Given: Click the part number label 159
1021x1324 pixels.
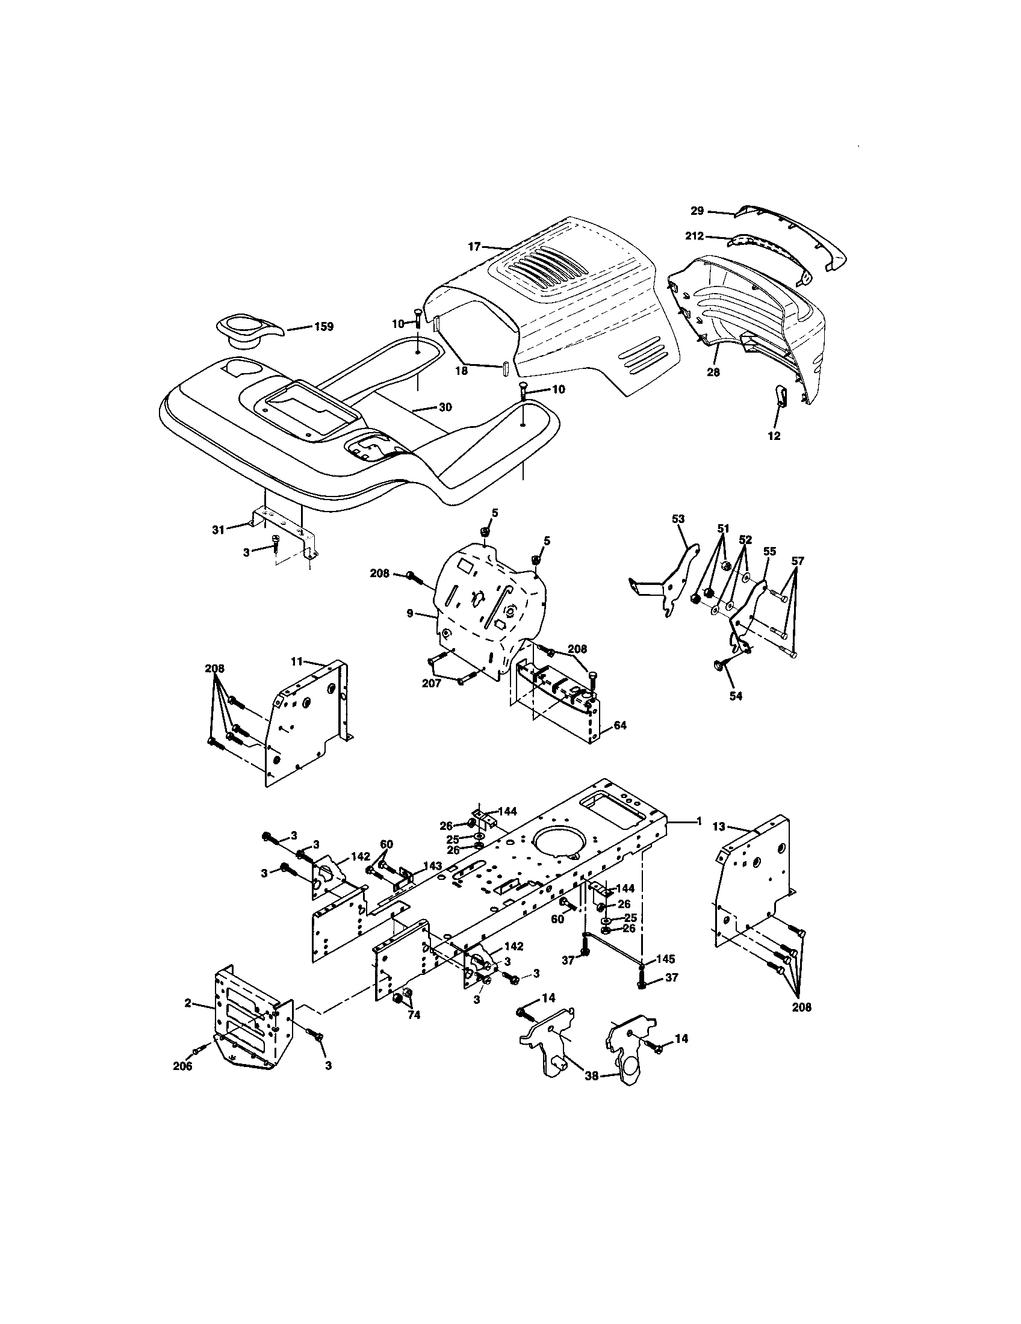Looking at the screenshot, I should [x=323, y=327].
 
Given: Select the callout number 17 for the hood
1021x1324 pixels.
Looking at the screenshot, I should [x=474, y=247].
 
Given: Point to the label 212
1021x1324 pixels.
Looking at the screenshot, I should [x=695, y=237].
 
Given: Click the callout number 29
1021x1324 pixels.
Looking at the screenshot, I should [x=697, y=211].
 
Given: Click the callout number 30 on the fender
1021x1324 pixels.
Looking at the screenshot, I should [x=445, y=407].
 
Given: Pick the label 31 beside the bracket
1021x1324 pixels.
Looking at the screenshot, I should [x=219, y=529].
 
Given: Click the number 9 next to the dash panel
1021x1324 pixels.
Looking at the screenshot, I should [x=410, y=613].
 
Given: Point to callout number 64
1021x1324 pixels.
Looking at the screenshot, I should [x=619, y=725].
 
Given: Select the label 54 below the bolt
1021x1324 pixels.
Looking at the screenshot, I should [x=736, y=696].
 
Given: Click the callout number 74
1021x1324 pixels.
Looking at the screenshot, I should [x=414, y=1015].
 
